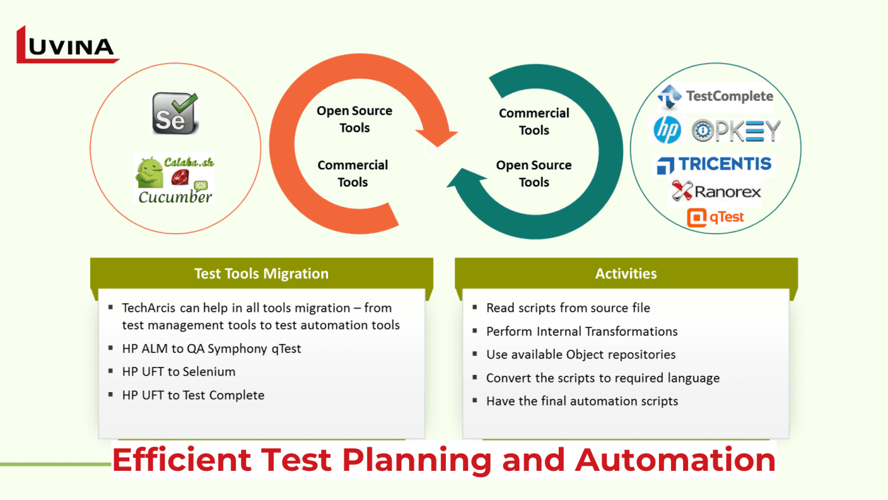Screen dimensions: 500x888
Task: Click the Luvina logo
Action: point(67,46)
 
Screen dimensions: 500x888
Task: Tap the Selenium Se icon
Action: point(174,113)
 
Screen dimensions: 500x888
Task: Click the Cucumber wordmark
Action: point(175,197)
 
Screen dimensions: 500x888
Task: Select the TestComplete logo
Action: point(715,96)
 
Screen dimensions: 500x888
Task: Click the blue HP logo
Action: point(667,131)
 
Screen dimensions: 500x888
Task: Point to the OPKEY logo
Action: point(736,131)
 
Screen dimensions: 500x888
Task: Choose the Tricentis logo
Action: point(715,164)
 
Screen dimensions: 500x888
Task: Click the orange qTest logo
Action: point(715,218)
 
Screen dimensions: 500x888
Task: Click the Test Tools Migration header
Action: point(261,273)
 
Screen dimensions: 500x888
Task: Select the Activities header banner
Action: point(626,273)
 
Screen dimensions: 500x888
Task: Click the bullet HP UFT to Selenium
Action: point(179,372)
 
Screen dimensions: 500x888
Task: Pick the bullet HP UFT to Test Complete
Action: point(193,395)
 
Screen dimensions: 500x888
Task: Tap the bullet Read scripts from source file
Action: point(568,308)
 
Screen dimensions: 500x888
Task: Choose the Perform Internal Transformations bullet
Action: point(582,331)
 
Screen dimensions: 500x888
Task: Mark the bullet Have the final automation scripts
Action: point(582,401)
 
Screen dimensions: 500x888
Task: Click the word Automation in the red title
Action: point(675,460)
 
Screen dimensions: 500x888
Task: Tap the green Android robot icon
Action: point(150,173)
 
